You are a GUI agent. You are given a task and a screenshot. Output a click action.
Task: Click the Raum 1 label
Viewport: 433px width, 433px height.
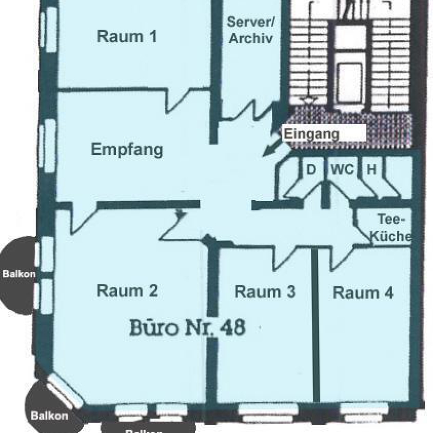[127, 37]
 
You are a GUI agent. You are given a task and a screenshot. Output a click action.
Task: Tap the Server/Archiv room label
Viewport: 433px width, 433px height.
[251, 30]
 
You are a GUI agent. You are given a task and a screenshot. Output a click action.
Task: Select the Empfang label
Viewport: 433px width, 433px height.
[127, 150]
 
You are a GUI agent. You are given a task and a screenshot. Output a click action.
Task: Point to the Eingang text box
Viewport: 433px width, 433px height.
[325, 133]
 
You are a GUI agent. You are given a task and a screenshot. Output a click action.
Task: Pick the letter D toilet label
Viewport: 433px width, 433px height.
[311, 169]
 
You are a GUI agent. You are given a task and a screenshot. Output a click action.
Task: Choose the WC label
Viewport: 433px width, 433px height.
[343, 169]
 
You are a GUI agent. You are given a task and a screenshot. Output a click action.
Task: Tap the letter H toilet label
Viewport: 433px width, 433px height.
[371, 169]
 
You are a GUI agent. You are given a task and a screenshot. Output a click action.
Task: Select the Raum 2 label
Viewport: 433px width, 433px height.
[127, 291]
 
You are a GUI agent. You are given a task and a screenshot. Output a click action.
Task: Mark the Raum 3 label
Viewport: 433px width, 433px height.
[265, 292]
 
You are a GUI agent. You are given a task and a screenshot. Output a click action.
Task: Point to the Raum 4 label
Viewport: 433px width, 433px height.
[363, 293]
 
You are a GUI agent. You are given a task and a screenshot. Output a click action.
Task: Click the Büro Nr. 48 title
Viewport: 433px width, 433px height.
[188, 327]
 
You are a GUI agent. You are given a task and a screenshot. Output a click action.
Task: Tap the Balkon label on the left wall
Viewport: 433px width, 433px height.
[19, 274]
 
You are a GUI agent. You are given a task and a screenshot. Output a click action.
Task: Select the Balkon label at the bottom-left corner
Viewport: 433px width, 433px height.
[49, 416]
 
